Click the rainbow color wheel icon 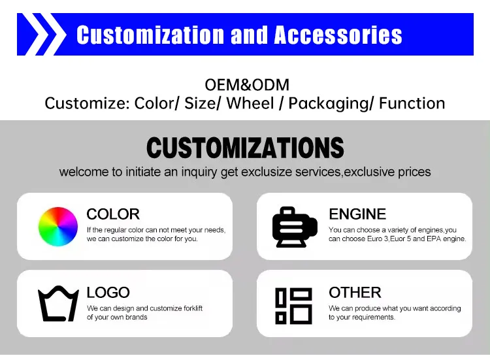point(58,226)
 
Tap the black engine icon point(294,226)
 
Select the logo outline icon point(58,304)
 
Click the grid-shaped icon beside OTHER point(294,305)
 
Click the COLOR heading point(113,214)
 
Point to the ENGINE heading point(357,214)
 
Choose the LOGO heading point(108,292)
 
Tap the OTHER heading point(355,292)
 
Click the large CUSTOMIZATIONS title point(245,148)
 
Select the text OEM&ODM point(247,85)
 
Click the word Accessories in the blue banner point(338,35)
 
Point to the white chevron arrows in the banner point(42,35)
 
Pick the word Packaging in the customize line point(330,103)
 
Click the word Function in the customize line point(412,103)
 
